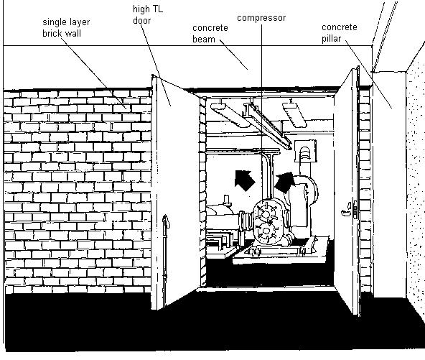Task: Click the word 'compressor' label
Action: click(261, 18)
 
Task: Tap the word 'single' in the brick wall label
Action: click(55, 22)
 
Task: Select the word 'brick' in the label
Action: click(52, 33)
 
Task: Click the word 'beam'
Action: click(204, 39)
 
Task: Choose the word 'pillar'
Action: click(331, 39)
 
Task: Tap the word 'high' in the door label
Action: click(141, 9)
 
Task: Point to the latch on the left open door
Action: click(165, 221)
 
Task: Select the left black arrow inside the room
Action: click(245, 180)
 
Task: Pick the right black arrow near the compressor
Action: click(284, 183)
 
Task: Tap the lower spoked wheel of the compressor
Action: click(266, 231)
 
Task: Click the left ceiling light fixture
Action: click(230, 114)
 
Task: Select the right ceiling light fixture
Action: click(294, 114)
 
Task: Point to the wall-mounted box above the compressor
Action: click(305, 151)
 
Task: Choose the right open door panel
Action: click(347, 191)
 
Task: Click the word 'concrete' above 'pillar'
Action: click(340, 27)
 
